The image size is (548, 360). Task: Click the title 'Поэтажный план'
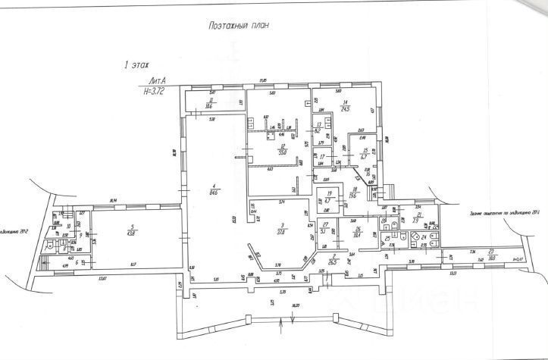pos(239,25)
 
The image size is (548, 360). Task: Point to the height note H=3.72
pos(157,90)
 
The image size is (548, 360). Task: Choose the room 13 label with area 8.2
pos(319,127)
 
